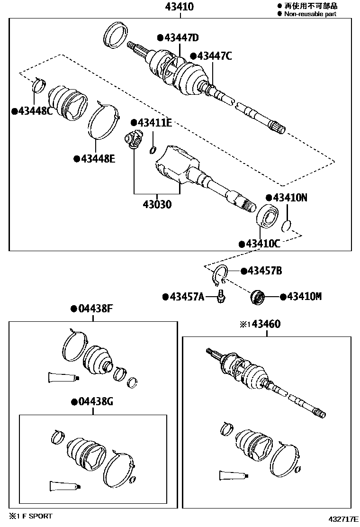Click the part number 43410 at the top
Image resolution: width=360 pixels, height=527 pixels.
coord(180,7)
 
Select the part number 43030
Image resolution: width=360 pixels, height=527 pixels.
coord(157,205)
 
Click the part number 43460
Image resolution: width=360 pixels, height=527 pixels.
coord(266,325)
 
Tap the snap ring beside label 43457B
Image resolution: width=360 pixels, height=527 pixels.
coord(220,275)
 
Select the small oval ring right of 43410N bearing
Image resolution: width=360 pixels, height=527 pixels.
coord(286,226)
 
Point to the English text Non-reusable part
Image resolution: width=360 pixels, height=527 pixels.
coord(310,14)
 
